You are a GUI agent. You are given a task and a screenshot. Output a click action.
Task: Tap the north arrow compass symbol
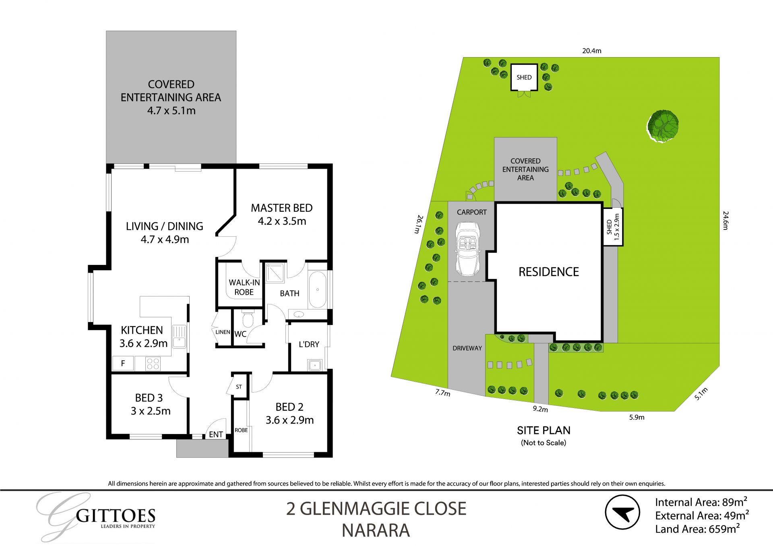pos(622,512)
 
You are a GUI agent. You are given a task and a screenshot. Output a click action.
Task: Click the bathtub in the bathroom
pos(317,290)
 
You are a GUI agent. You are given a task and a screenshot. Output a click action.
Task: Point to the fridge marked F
pos(123,363)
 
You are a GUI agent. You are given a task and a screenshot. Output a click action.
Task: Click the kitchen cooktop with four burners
pos(153,364)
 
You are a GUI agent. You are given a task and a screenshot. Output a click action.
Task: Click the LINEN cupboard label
pos(222,332)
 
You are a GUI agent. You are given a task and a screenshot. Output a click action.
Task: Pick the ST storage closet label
pos(239,387)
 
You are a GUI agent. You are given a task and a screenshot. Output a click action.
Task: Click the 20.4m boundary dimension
pos(591,51)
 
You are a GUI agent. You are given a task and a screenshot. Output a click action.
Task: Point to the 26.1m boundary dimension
pos(419,224)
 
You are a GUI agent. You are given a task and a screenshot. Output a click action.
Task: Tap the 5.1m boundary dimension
pos(701,393)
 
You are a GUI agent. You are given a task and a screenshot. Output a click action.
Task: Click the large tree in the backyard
pos(663,126)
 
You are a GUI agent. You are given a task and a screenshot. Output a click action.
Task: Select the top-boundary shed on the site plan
pos(524,77)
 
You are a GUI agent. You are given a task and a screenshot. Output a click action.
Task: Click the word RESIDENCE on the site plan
pos(548,272)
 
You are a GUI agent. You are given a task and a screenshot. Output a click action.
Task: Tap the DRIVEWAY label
pos(467,348)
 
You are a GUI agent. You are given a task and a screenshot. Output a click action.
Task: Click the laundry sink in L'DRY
pos(314,365)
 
